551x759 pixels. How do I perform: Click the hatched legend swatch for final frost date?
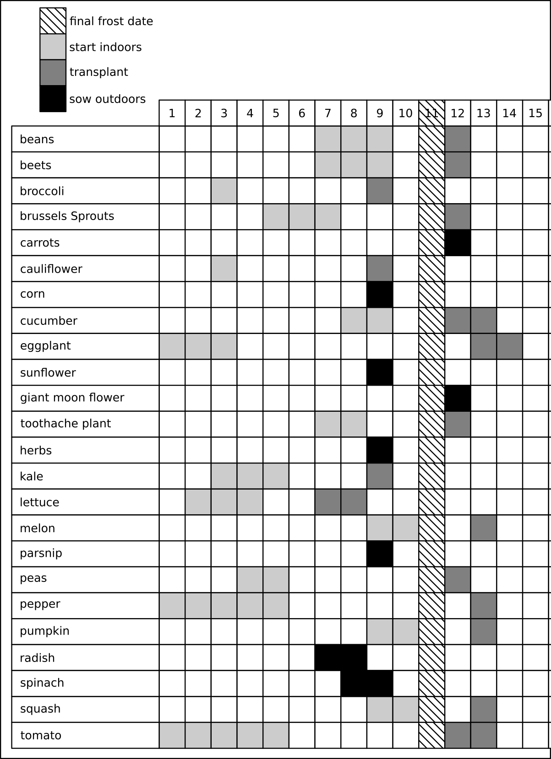[53, 21]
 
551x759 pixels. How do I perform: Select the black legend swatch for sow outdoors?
[53, 98]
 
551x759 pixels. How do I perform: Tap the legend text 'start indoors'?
[105, 47]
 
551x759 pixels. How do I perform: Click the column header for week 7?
[327, 113]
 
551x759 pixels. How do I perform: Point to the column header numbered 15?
[535, 113]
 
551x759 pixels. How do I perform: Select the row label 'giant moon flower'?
[72, 398]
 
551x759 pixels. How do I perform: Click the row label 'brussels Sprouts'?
[67, 216]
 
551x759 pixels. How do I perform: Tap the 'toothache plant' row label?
[65, 424]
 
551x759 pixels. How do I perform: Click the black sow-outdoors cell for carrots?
[458, 242]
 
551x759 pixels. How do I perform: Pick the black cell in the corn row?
[380, 294]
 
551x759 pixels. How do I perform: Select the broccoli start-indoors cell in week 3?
[224, 191]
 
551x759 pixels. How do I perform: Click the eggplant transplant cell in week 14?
[509, 346]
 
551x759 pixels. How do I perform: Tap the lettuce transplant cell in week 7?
[327, 502]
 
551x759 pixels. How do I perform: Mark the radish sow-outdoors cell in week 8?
[354, 657]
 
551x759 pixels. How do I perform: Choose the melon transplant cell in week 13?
[484, 528]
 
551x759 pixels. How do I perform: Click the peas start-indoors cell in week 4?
[250, 580]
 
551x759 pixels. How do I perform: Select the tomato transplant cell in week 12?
[458, 735]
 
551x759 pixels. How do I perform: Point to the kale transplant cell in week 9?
[380, 476]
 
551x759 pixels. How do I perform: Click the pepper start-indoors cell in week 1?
[172, 606]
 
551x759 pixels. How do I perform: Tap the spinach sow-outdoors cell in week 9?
[380, 684]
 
